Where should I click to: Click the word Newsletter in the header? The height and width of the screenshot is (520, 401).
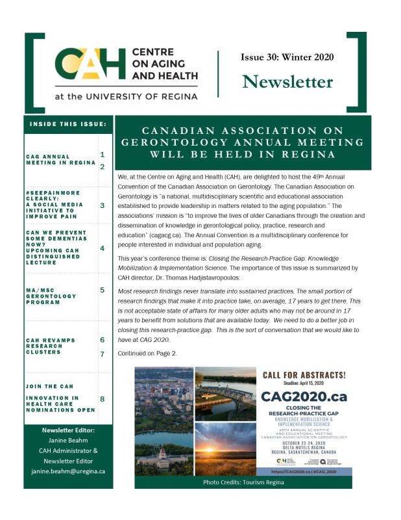click(x=287, y=81)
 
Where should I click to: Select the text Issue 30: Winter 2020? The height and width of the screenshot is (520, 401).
click(x=287, y=57)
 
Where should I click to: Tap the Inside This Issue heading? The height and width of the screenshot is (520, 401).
click(x=68, y=123)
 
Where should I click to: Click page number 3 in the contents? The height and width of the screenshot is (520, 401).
click(x=103, y=205)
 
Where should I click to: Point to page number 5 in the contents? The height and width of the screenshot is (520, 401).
click(x=103, y=290)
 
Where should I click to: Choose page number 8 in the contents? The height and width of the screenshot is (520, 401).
click(x=103, y=398)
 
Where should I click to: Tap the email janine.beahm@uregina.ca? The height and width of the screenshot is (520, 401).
click(x=68, y=471)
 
